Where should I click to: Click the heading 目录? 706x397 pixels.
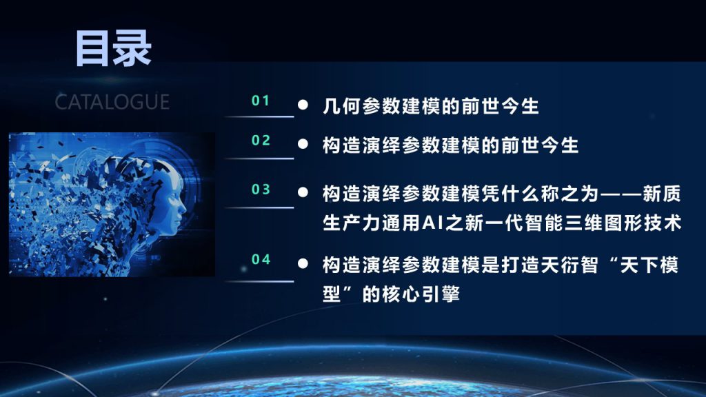(114, 49)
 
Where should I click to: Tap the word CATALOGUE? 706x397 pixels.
(112, 102)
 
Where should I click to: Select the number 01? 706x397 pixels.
(261, 101)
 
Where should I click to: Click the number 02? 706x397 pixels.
(261, 141)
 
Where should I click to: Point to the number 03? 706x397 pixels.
(261, 189)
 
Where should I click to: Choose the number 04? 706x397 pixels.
(261, 259)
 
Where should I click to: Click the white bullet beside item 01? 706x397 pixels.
(303, 105)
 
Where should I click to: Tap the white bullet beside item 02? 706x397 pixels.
(303, 144)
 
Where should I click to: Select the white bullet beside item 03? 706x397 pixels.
(303, 193)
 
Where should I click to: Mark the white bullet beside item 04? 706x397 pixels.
(303, 263)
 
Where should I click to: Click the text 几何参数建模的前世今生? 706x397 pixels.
(431, 106)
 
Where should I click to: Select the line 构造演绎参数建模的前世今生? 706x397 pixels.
(451, 145)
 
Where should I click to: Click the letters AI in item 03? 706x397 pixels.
(433, 223)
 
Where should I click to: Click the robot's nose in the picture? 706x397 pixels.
(183, 208)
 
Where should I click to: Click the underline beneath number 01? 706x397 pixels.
(259, 116)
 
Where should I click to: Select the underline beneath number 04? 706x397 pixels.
(259, 281)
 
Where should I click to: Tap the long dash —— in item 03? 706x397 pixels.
(621, 194)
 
